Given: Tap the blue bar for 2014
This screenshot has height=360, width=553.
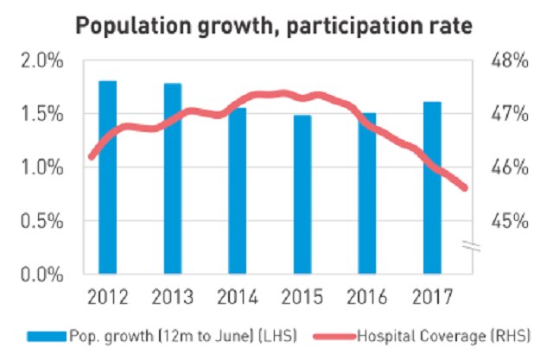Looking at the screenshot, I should (x=237, y=191).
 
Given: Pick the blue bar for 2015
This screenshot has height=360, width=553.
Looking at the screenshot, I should (x=302, y=194).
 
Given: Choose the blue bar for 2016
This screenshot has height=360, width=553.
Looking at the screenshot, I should (x=367, y=193).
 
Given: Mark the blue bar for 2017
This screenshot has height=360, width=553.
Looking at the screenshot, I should (x=433, y=187).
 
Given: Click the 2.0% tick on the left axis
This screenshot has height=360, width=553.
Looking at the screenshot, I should (x=41, y=61).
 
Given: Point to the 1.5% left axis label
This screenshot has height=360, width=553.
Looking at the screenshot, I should (x=41, y=114).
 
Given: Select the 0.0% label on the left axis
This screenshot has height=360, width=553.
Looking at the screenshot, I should (x=41, y=275).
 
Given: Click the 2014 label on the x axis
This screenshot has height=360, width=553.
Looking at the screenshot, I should (x=237, y=298).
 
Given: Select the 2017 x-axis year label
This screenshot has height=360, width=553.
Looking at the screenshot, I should (x=433, y=298).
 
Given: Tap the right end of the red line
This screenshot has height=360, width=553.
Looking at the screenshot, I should (x=466, y=188).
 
